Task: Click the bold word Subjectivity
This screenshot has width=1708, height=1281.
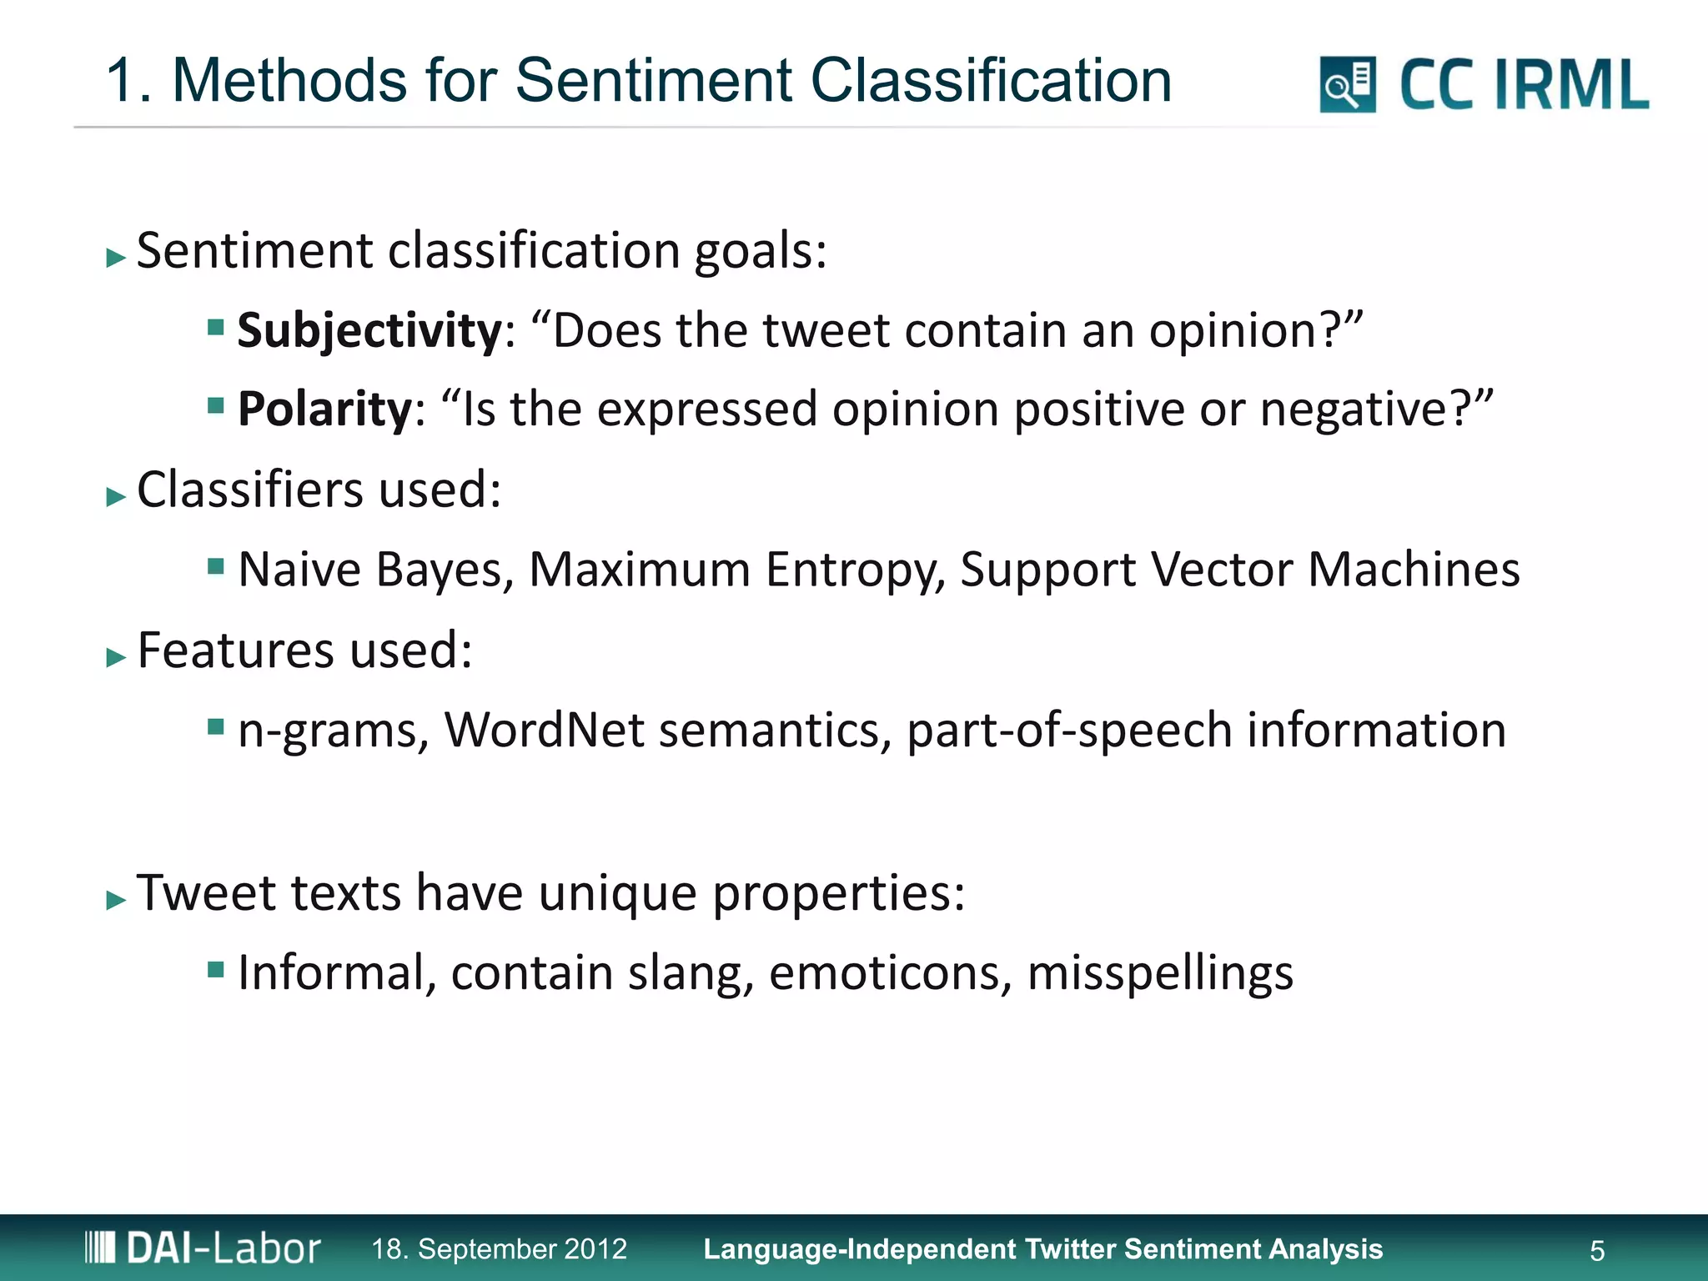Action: point(369,330)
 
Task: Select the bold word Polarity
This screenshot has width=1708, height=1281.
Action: point(324,409)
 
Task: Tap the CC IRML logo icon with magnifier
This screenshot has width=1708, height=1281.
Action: point(1347,84)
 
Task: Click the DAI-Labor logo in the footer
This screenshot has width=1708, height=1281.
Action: point(203,1248)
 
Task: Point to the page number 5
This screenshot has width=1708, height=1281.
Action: point(1597,1251)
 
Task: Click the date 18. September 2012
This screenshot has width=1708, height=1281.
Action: point(499,1248)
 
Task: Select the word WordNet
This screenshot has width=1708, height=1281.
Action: point(544,730)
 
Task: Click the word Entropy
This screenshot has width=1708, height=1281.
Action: point(855,570)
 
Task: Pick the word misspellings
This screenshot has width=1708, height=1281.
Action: point(1160,973)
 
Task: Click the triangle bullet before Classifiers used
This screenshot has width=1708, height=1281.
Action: point(116,498)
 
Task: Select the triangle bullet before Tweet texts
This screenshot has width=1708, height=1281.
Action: point(116,900)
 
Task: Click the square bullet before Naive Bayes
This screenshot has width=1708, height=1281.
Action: point(216,567)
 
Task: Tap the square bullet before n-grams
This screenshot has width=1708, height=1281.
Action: point(216,727)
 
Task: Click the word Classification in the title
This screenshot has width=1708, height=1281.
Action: point(991,81)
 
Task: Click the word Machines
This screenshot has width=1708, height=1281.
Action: point(1414,570)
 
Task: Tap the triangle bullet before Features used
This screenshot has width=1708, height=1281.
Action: point(116,658)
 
